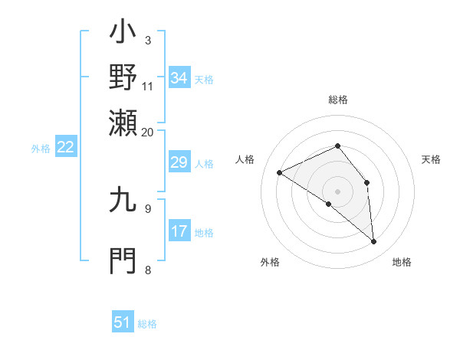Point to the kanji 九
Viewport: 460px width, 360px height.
(123, 201)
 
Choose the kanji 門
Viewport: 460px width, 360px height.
(123, 260)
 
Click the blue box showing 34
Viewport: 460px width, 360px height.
(179, 78)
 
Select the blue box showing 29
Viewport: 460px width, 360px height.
(179, 162)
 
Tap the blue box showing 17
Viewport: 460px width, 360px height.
(179, 231)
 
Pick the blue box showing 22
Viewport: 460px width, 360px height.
(65, 147)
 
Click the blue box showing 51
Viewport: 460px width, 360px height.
(123, 322)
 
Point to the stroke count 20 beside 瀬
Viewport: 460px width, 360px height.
(147, 132)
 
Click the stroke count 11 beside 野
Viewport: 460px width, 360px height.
(147, 86)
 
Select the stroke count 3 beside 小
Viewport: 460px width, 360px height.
(147, 40)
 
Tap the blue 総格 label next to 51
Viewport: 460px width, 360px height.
(147, 324)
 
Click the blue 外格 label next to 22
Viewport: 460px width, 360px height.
(41, 149)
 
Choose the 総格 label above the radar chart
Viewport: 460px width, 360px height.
(338, 100)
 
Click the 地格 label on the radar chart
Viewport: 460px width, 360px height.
(402, 263)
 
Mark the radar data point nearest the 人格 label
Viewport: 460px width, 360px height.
(280, 172)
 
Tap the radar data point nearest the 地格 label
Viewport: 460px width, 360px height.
(374, 242)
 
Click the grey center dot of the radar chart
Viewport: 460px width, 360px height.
(338, 191)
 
